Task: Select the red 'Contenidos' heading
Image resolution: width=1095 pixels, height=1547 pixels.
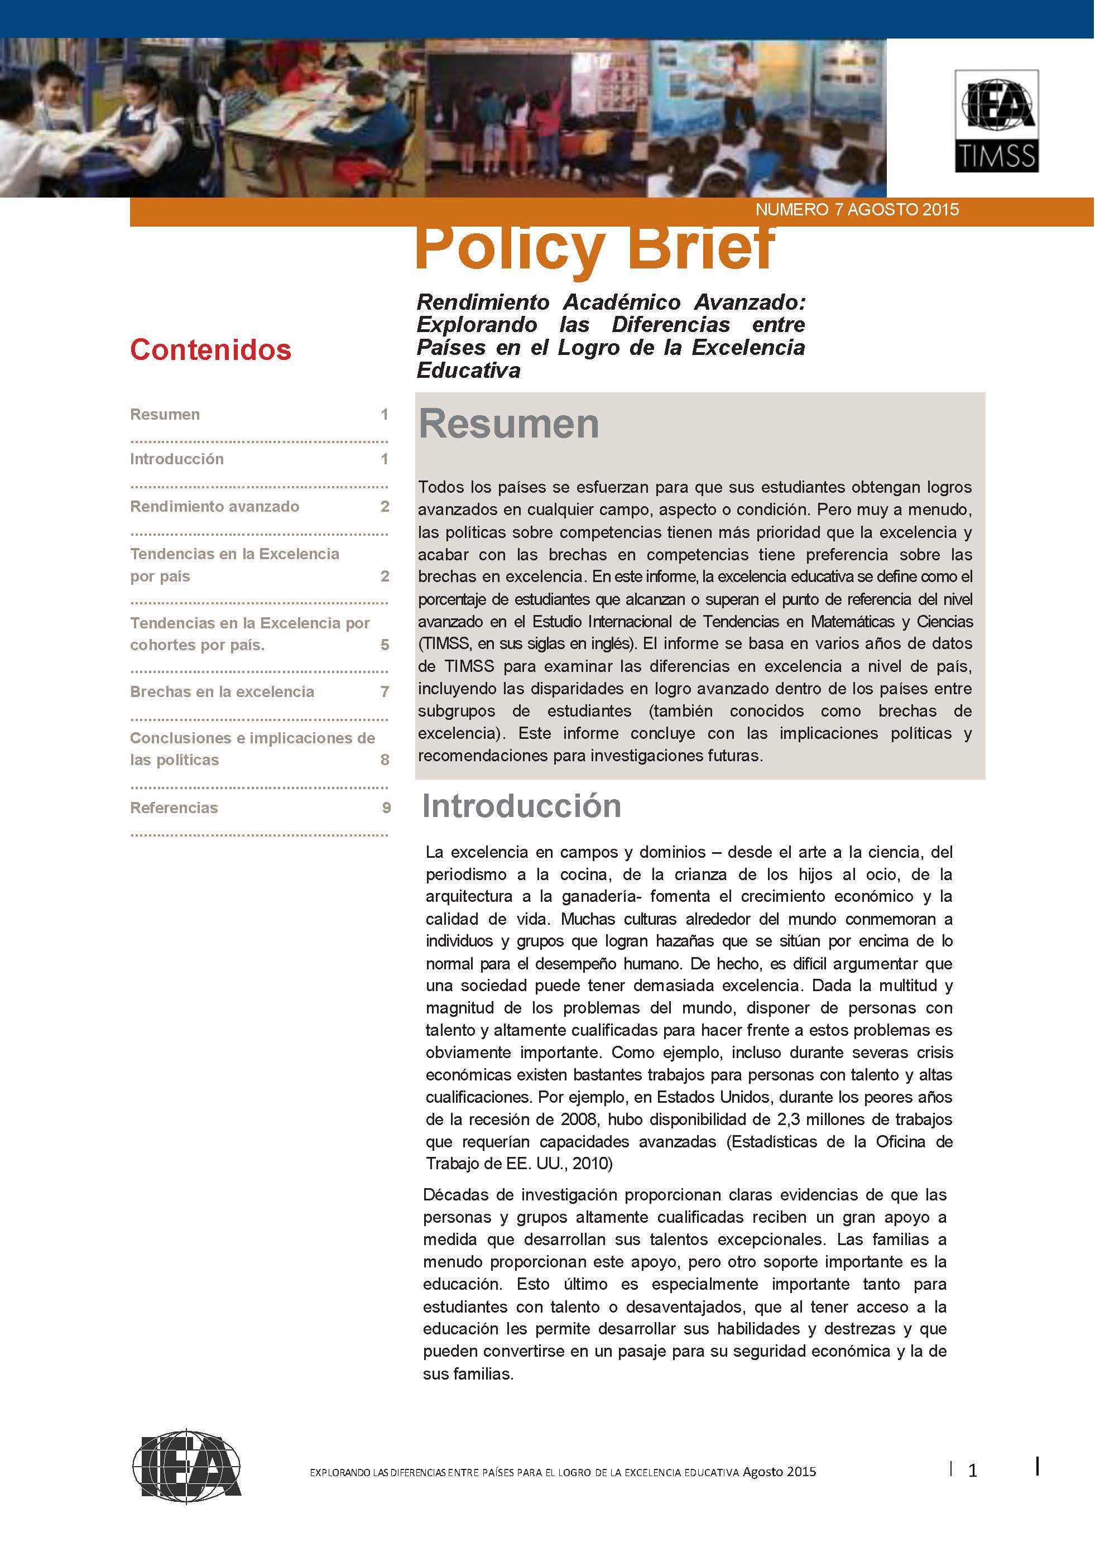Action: coord(210,349)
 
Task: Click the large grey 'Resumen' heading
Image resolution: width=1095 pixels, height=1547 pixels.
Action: coord(509,424)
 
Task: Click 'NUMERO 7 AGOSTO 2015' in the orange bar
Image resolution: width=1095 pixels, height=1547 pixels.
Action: coord(856,210)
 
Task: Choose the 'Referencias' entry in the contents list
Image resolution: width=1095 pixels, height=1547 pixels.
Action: coord(174,808)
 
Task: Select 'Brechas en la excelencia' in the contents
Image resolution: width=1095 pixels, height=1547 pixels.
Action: coord(222,691)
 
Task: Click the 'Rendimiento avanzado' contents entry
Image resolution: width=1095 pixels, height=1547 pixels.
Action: coord(214,506)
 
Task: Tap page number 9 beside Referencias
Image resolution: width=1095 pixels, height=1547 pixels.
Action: coord(386,808)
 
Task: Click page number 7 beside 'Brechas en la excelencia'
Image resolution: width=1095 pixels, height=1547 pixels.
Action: coord(385,691)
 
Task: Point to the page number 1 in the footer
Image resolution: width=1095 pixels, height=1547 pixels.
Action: coord(972,1472)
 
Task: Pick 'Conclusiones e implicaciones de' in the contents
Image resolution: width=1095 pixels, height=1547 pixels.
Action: coord(252,738)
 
